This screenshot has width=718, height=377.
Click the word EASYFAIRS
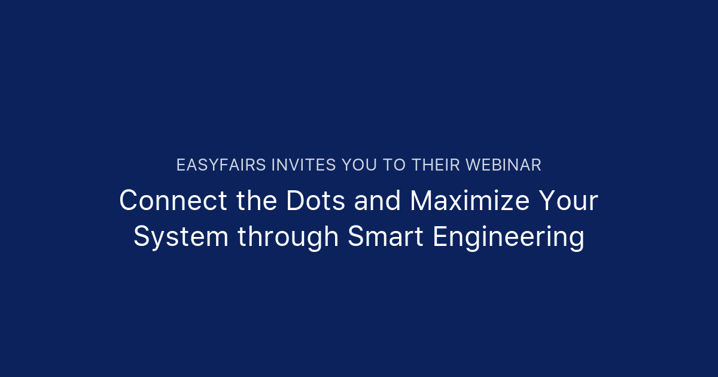tap(221, 165)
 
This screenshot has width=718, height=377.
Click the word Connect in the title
tap(173, 201)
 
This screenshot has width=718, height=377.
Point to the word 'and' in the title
tap(378, 201)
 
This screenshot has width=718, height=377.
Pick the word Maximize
tap(470, 201)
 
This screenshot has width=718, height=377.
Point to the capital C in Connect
tap(129, 201)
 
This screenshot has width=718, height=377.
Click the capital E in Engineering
tap(440, 237)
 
